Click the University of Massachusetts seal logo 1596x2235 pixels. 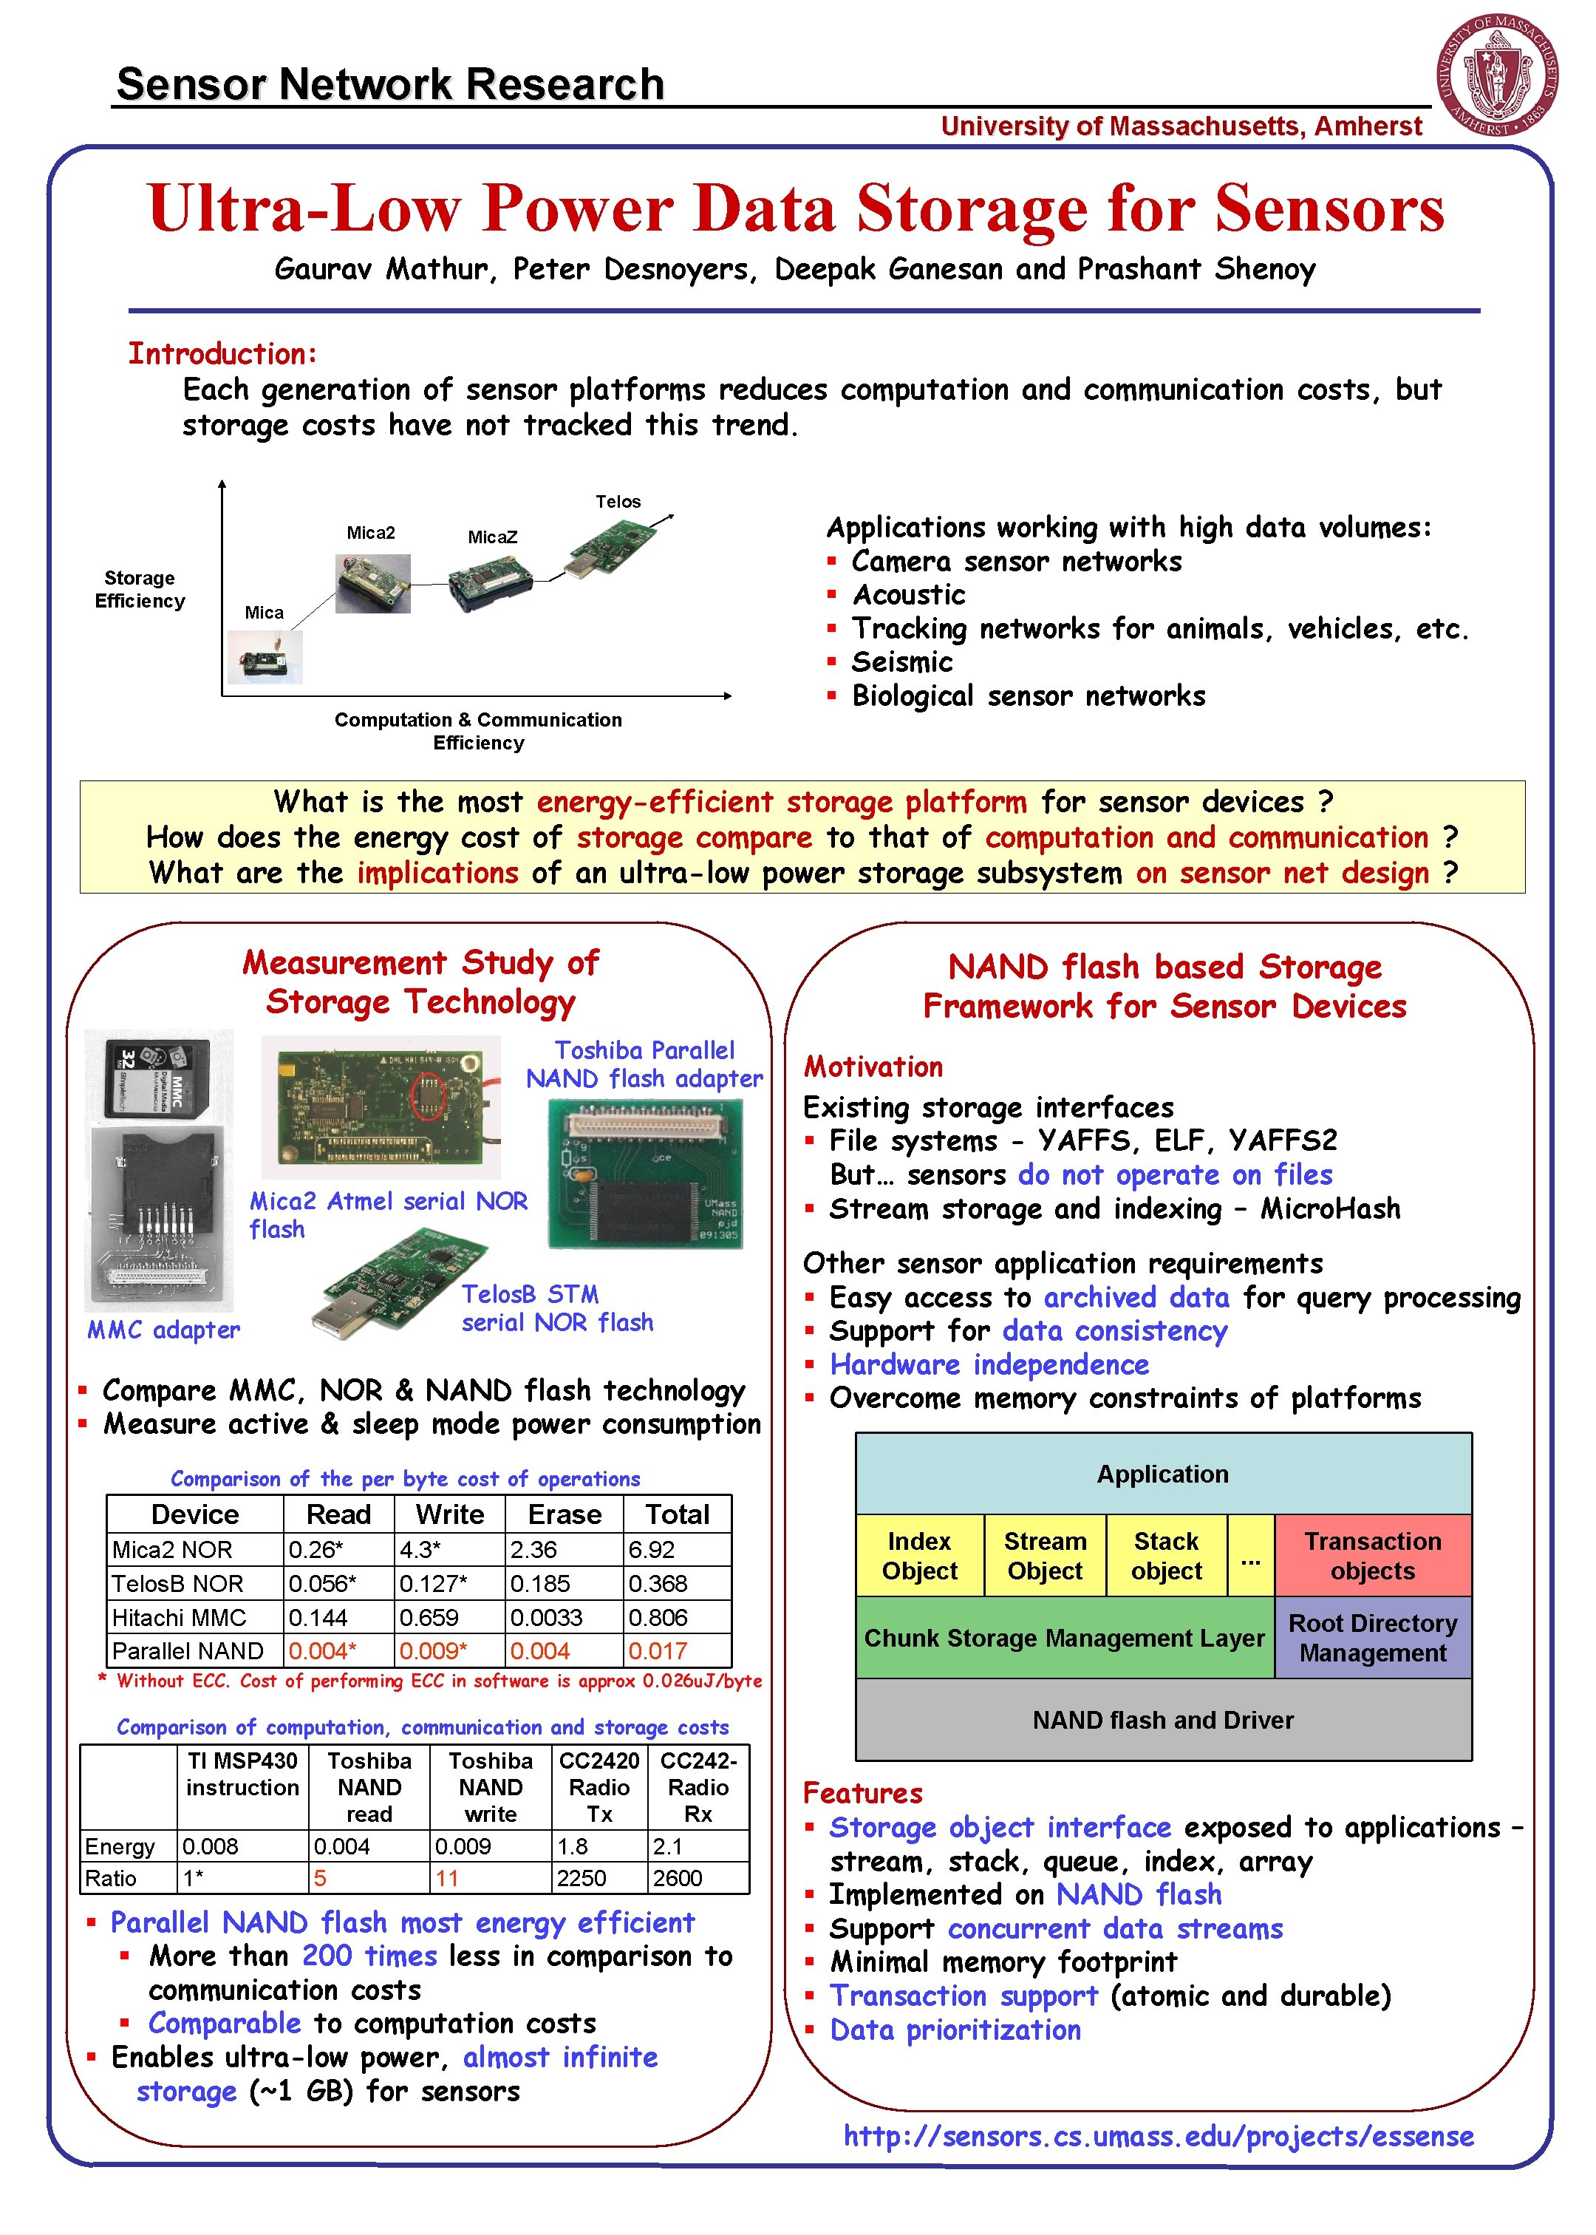(1497, 74)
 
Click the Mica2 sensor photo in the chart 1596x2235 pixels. (372, 583)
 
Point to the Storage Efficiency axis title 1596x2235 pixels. (140, 589)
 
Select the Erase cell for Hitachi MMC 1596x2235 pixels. (564, 1617)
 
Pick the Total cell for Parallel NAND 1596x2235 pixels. (677, 1650)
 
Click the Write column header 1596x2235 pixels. (449, 1514)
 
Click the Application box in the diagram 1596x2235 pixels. (1162, 1473)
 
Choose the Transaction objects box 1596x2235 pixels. (1372, 1555)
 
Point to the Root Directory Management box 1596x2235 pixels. (1372, 1637)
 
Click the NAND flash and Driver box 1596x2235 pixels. (1162, 1719)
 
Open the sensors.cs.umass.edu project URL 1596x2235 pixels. (1158, 2136)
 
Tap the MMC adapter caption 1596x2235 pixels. (163, 1330)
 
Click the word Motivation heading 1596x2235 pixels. (873, 1067)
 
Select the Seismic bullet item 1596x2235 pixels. (901, 661)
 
